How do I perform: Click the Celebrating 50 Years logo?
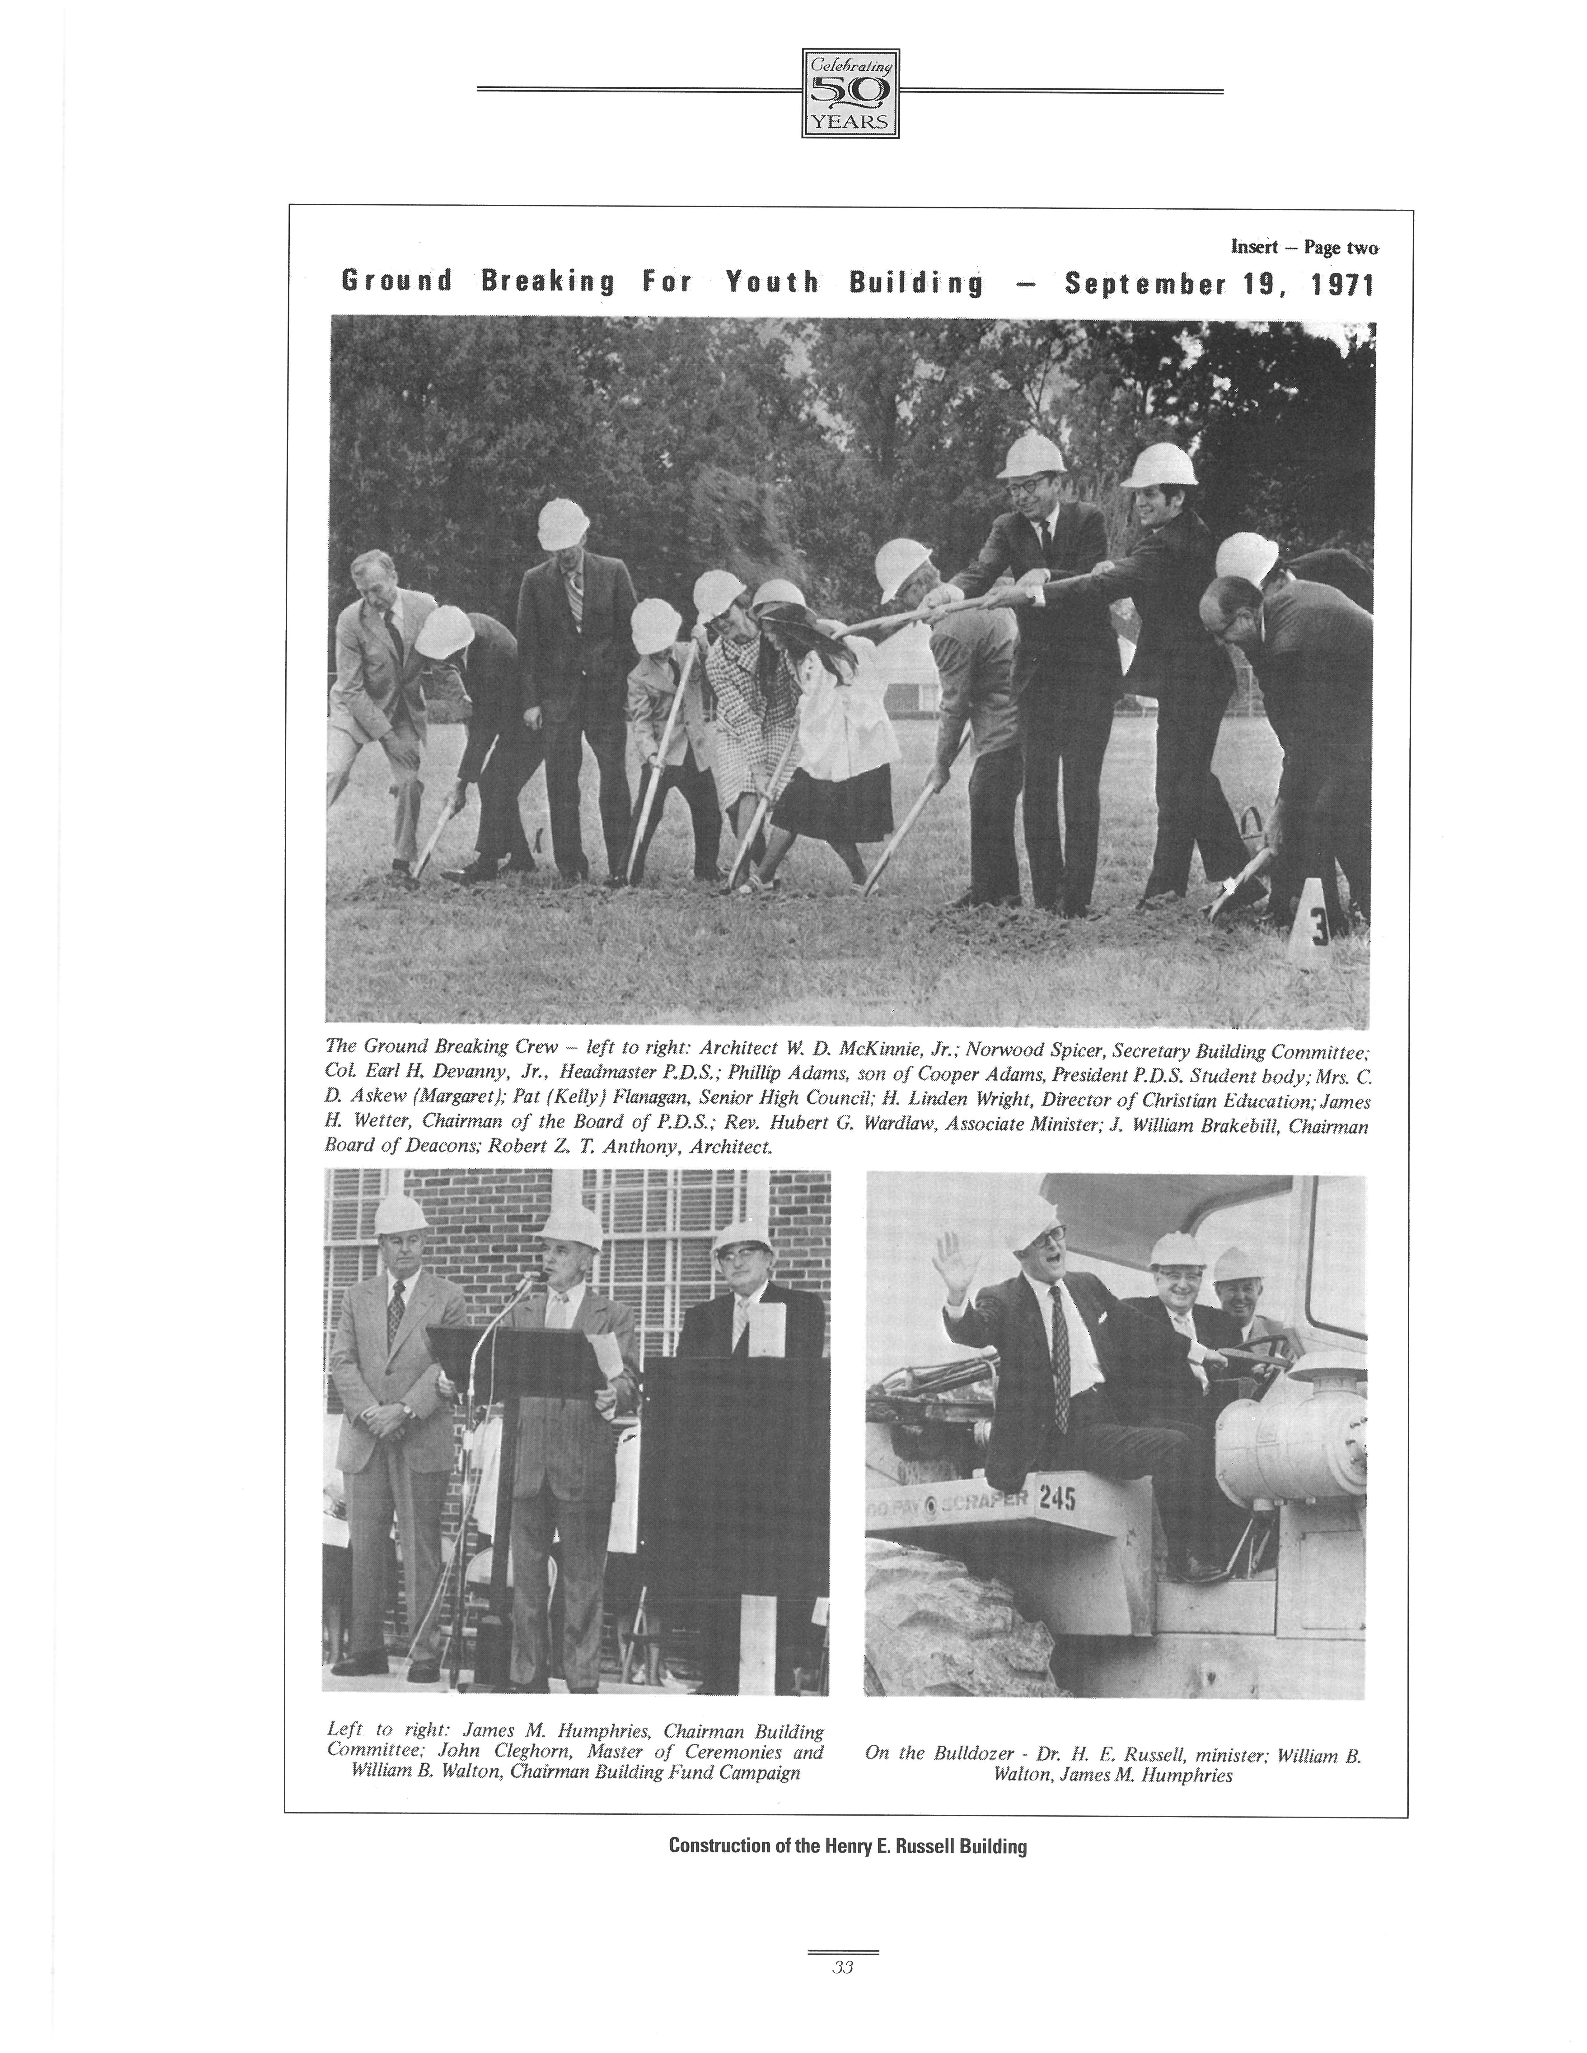tap(850, 93)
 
